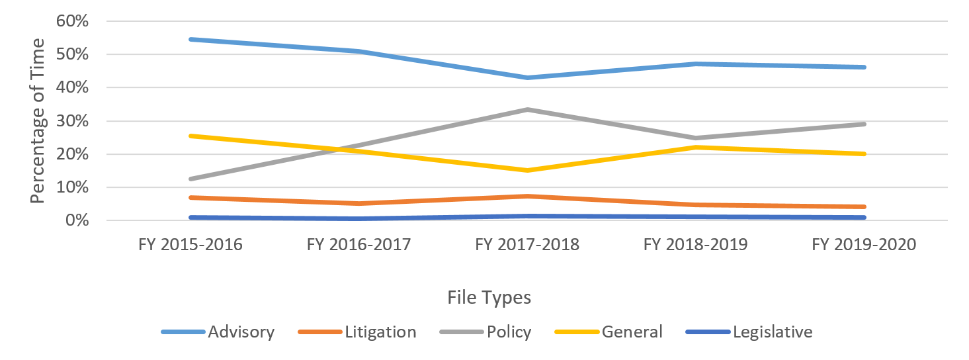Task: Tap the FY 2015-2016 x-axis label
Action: click(190, 245)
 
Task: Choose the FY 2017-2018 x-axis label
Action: click(527, 245)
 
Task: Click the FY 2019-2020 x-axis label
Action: click(864, 245)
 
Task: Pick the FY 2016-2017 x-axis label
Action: click(359, 245)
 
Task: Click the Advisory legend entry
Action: click(241, 332)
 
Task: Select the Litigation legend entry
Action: click(380, 332)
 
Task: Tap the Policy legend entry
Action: click(509, 332)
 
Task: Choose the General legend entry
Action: click(632, 332)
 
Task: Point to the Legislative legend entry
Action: click(772, 332)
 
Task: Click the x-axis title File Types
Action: click(489, 298)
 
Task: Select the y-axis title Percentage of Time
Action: click(38, 120)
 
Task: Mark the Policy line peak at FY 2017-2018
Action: click(527, 109)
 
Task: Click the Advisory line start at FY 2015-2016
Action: click(190, 39)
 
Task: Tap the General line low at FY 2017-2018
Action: click(527, 170)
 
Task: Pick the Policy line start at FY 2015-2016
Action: click(190, 179)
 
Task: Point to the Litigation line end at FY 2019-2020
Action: click(864, 206)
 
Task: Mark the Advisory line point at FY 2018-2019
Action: click(696, 64)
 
